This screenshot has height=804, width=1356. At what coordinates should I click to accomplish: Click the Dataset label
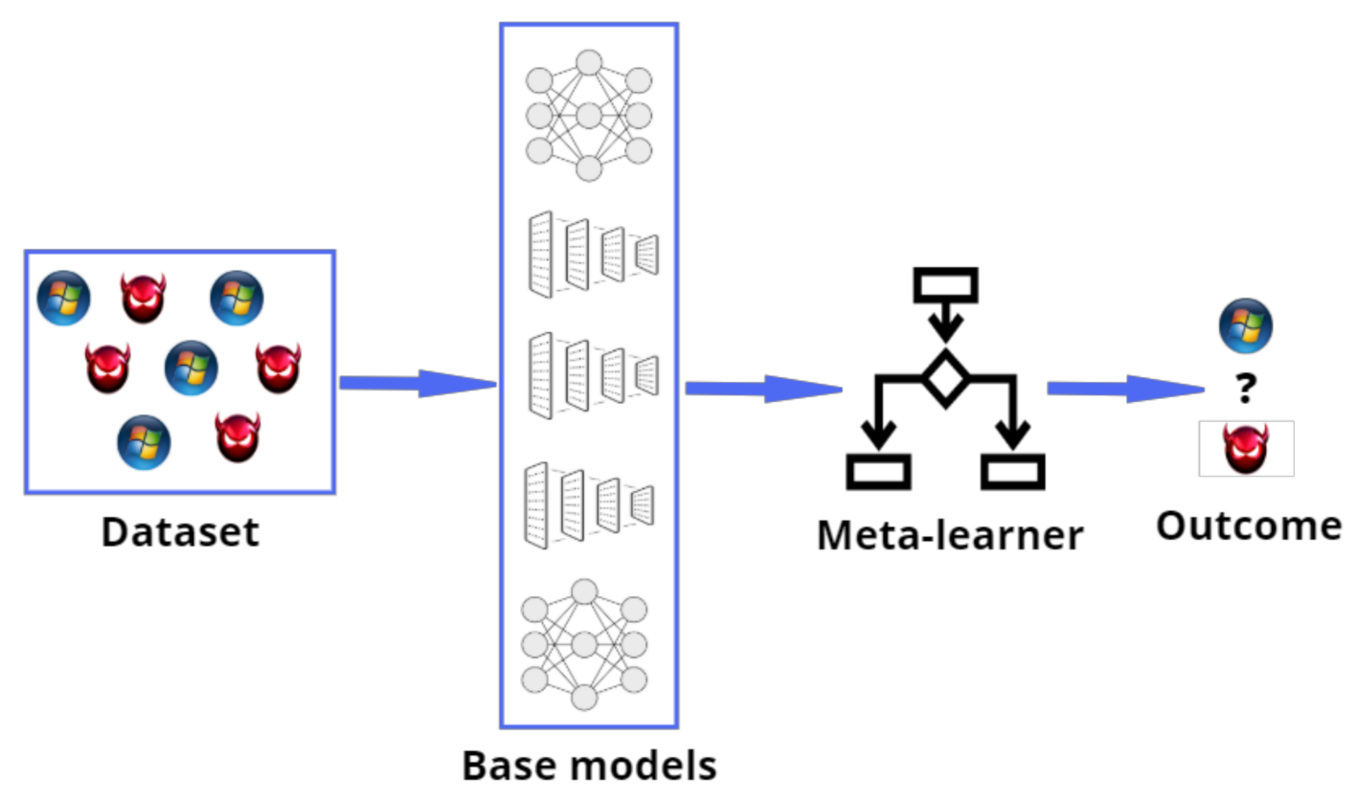180,532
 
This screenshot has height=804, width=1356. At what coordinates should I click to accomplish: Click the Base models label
589,765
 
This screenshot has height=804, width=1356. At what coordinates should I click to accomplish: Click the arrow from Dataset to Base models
417,384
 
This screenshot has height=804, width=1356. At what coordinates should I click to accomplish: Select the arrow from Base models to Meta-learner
762,388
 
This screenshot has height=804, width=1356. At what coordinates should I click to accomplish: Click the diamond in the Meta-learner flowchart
946,379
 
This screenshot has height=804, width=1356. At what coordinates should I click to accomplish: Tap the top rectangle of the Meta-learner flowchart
946,282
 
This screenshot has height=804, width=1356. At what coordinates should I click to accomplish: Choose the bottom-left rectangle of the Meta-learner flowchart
878,471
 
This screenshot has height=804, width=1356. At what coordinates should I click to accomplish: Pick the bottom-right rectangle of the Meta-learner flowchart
1013,471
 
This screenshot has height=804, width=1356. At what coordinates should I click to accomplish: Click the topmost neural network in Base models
589,115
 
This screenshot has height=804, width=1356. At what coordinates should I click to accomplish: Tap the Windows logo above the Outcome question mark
1246,325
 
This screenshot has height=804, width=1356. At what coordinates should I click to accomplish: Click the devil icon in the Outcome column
1246,449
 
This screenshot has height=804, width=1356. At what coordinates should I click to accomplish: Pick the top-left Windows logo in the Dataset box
63,298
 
